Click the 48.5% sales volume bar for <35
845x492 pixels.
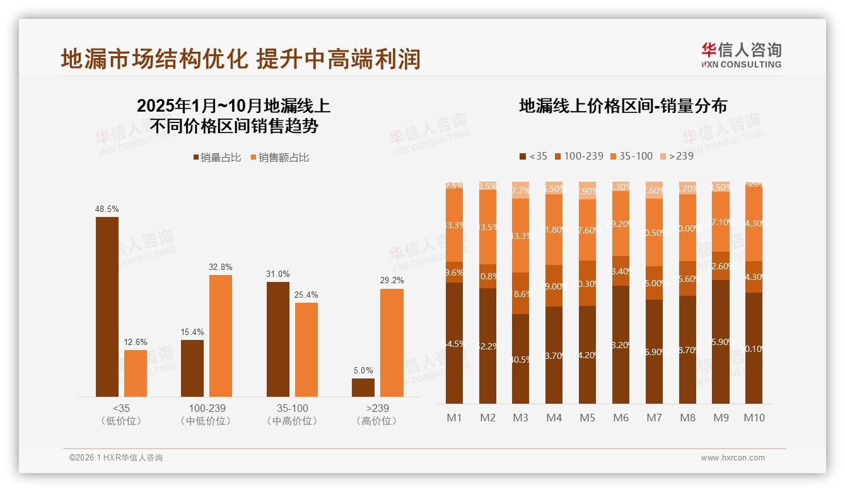pos(107,307)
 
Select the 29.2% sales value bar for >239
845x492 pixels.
pos(392,343)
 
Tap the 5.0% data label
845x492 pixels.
pos(363,370)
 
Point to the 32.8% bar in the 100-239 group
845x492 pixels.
pos(221,336)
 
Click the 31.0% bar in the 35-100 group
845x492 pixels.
pos(278,339)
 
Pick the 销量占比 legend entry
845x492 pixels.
pos(217,158)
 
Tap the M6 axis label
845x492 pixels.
pos(621,418)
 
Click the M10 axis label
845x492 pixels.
pos(754,418)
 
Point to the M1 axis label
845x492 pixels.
pos(454,418)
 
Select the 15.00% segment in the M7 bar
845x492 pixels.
pos(654,283)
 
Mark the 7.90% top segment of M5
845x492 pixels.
pos(587,190)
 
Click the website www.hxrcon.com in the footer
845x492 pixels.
pos(732,458)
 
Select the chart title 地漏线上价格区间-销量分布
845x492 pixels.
pos(622,106)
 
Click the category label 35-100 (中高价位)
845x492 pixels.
pos(292,414)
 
